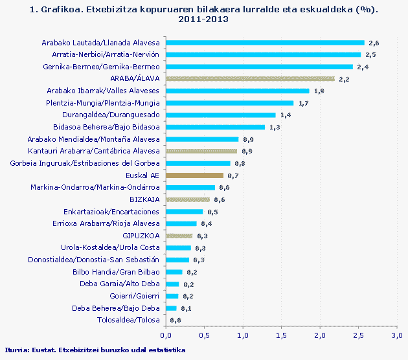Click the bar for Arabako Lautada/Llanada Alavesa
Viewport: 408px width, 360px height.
(265, 42)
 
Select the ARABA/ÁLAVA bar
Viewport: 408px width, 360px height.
(250, 78)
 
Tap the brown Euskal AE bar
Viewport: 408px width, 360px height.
(194, 175)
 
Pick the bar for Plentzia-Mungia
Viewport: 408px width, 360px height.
(229, 103)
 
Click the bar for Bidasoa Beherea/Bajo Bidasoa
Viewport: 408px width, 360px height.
(215, 127)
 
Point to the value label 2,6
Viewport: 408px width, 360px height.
(374, 43)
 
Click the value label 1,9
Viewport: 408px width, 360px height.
(319, 91)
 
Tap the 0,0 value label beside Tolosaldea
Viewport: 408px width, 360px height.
(175, 321)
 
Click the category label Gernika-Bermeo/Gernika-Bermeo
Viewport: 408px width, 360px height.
(101, 67)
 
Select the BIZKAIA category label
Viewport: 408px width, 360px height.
(144, 200)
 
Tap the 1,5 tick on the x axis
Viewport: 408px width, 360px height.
(281, 335)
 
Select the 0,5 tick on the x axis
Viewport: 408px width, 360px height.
(204, 335)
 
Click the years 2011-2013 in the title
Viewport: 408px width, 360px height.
(204, 19)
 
